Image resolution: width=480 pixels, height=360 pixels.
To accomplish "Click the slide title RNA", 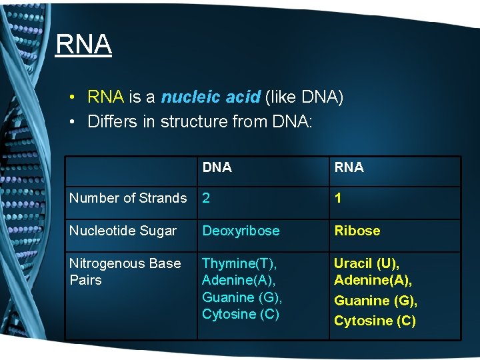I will (x=83, y=45).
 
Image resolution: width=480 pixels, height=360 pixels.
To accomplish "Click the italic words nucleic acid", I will (x=210, y=97).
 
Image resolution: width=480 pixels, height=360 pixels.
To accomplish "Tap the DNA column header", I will (x=217, y=167).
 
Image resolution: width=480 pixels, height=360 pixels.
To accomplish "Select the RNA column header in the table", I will (x=349, y=167).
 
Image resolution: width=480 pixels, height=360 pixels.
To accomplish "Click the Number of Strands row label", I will (x=128, y=198).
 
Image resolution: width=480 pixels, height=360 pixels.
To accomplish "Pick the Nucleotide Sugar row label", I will (x=123, y=231).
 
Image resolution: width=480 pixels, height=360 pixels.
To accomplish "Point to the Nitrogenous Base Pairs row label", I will (x=125, y=271).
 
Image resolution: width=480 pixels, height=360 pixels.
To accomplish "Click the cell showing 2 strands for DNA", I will (x=206, y=198).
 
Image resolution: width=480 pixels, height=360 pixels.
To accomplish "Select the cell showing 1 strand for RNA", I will (x=338, y=198).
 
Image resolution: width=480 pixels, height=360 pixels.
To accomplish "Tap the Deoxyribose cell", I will (x=241, y=231).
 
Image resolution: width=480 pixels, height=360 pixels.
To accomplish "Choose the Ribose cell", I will (x=357, y=231).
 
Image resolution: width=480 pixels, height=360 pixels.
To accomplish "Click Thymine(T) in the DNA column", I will (x=239, y=263).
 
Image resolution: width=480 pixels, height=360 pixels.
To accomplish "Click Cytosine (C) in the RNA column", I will (x=375, y=321).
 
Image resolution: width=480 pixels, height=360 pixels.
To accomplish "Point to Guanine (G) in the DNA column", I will (x=242, y=297).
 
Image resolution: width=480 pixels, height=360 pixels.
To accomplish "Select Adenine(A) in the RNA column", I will (x=373, y=280).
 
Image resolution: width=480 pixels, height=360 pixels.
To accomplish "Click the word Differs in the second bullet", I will (x=109, y=121).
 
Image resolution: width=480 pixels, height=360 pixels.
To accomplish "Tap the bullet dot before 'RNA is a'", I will (x=70, y=98).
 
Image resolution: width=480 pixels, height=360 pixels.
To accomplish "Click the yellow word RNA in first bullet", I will (x=105, y=97).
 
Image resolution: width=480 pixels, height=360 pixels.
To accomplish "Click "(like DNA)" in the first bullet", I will (x=304, y=97).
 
